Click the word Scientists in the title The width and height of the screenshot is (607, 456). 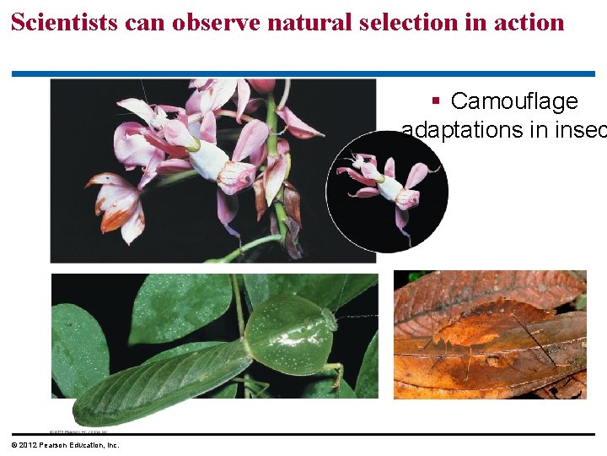[x=64, y=23]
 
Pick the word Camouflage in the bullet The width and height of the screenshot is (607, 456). [x=514, y=101]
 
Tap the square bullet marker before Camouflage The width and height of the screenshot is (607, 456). [x=436, y=102]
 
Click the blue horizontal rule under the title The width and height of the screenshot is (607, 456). [x=303, y=73]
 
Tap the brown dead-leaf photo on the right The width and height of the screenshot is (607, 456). [x=489, y=334]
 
